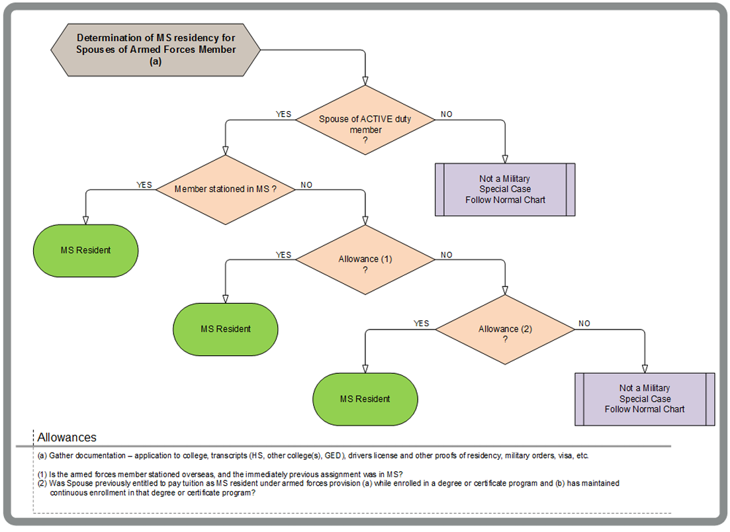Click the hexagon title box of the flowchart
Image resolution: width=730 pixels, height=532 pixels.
pyautogui.click(x=156, y=50)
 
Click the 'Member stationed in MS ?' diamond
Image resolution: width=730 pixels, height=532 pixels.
pyautogui.click(x=225, y=189)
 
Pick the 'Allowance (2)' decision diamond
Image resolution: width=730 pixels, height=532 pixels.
pyautogui.click(x=505, y=329)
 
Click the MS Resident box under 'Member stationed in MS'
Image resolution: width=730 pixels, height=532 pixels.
pyautogui.click(x=85, y=251)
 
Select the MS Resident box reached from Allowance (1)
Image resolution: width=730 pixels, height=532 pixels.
pyautogui.click(x=226, y=329)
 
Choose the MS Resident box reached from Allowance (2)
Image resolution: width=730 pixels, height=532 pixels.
pyautogui.click(x=365, y=399)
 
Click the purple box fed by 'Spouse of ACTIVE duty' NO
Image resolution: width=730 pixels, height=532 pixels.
pyautogui.click(x=505, y=189)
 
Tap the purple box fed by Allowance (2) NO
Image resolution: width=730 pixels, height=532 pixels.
pyautogui.click(x=645, y=399)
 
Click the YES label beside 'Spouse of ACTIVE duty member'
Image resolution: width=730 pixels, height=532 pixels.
pyautogui.click(x=283, y=114)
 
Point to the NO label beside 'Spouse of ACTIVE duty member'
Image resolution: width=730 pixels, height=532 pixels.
pyautogui.click(x=447, y=114)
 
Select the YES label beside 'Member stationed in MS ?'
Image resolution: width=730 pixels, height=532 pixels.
pyautogui.click(x=144, y=185)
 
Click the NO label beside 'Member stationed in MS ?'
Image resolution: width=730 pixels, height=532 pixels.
pyautogui.click(x=306, y=185)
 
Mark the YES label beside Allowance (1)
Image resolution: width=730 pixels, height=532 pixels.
pyautogui.click(x=283, y=255)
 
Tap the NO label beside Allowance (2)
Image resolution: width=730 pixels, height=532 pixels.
pyautogui.click(x=584, y=324)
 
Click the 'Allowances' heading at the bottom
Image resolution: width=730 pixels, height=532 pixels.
pyautogui.click(x=67, y=437)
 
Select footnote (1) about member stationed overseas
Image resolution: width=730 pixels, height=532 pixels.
pyautogui.click(x=222, y=472)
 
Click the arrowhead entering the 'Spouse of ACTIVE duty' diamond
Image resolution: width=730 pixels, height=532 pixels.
pyautogui.click(x=365, y=81)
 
